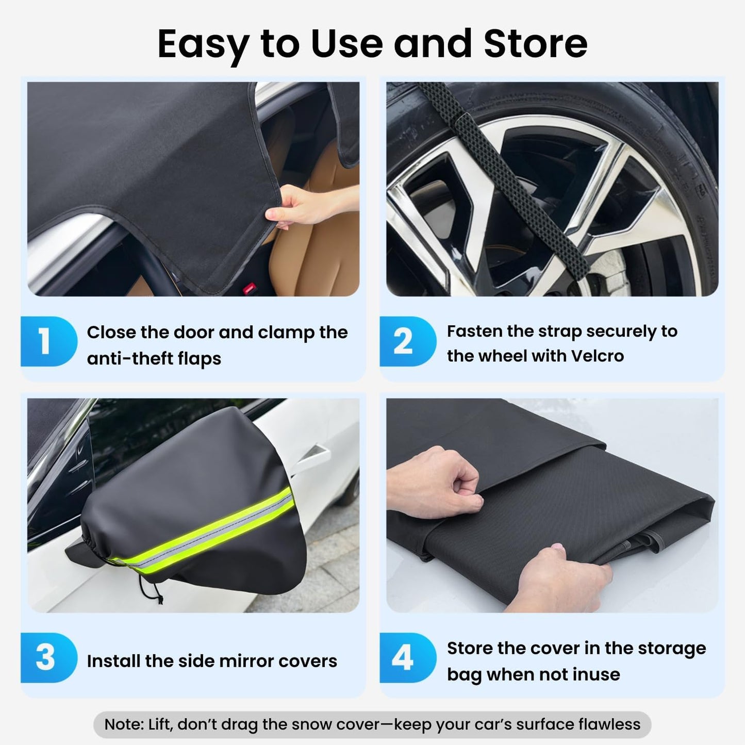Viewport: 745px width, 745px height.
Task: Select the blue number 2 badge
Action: (x=405, y=341)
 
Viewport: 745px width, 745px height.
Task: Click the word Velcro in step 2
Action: (x=598, y=356)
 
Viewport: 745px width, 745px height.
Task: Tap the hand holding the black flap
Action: (x=304, y=206)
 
